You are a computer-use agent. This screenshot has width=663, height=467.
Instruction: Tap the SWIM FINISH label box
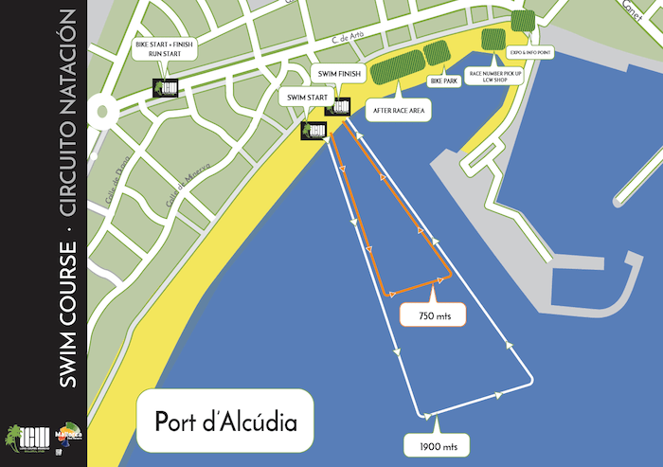(x=337, y=74)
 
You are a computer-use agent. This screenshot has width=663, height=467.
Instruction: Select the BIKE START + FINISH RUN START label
(x=164, y=48)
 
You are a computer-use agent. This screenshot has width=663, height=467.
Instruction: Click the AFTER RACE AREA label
(x=399, y=111)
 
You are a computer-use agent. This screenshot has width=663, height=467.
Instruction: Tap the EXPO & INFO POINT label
(x=529, y=52)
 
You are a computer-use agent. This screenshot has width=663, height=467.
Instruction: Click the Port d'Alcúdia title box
(x=225, y=420)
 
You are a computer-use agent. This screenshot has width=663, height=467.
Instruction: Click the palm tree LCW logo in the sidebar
(x=22, y=437)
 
